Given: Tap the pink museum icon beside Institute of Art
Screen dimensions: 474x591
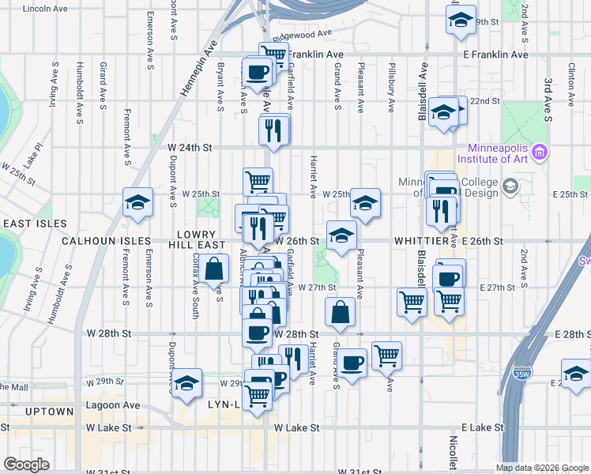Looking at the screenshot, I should [x=540, y=151].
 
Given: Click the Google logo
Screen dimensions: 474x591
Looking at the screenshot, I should [x=26, y=465].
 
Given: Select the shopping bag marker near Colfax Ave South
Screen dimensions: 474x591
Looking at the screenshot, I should [x=216, y=269].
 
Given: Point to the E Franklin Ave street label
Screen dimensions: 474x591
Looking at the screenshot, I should [x=495, y=55].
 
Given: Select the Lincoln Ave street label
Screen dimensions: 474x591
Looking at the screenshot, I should [x=46, y=9].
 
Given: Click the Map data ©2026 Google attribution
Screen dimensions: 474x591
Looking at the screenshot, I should [x=541, y=468].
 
